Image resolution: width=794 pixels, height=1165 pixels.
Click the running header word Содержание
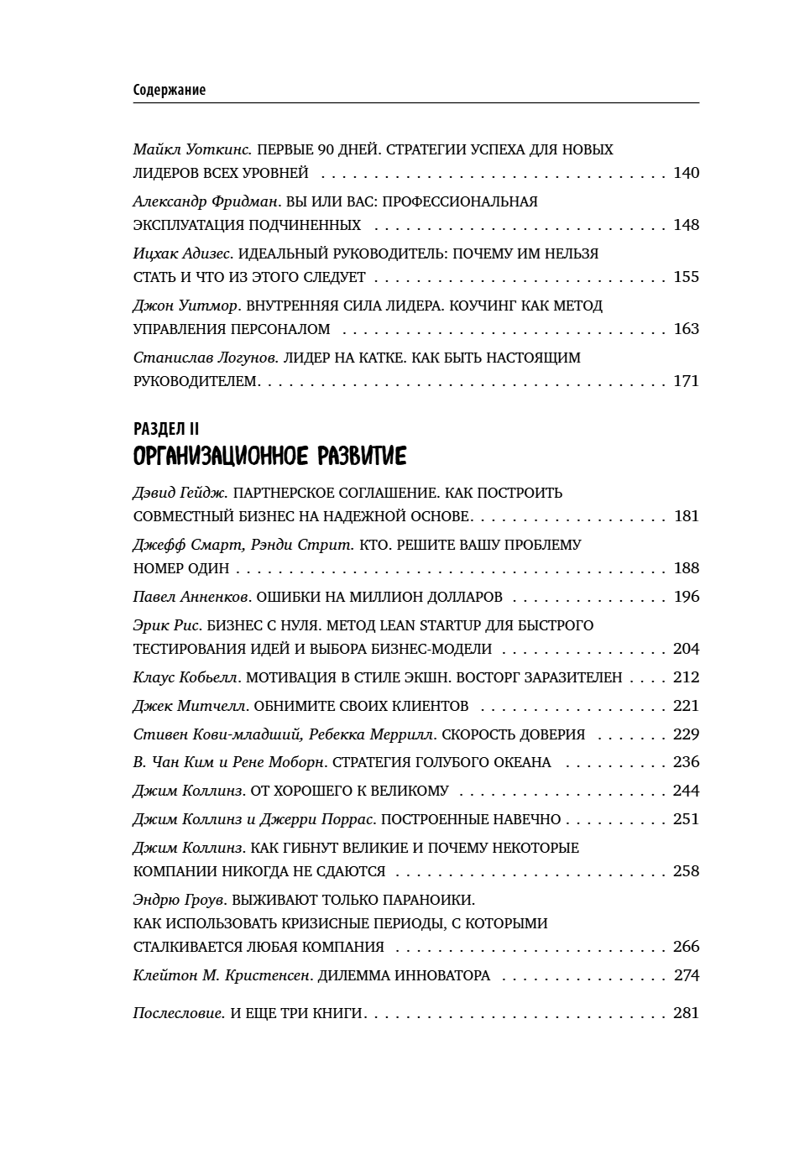(169, 90)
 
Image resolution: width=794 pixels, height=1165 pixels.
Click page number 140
(686, 174)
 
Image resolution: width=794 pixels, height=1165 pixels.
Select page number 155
(686, 278)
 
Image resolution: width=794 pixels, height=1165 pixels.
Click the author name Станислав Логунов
(205, 358)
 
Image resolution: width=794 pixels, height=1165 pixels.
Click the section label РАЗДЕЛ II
(165, 429)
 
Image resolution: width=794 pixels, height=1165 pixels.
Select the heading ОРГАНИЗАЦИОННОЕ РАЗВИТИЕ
(269, 457)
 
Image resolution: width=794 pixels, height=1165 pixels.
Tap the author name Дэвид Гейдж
(180, 494)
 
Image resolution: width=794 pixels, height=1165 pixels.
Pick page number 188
(686, 569)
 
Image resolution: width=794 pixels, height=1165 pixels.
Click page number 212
(686, 678)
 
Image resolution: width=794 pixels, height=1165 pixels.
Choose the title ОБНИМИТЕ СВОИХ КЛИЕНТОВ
(361, 707)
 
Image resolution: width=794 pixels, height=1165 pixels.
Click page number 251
(686, 820)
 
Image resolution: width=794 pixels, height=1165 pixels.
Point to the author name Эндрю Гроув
(179, 901)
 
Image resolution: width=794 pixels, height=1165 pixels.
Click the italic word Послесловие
(178, 1014)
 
